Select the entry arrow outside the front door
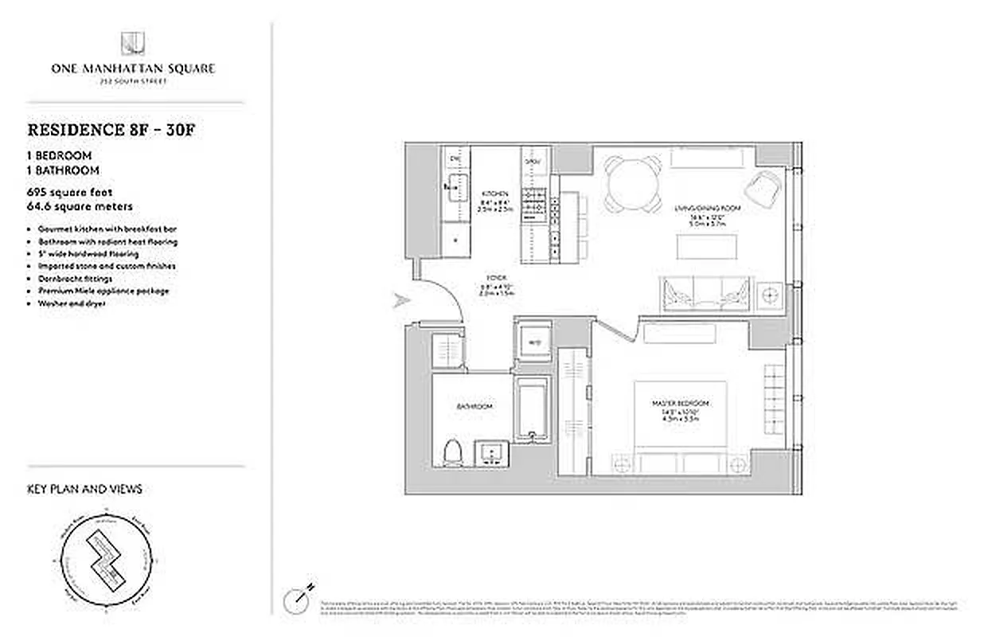(400, 301)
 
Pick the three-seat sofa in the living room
(705, 292)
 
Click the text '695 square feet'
(70, 193)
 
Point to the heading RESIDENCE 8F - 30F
(111, 130)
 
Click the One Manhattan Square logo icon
(132, 44)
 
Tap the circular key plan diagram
(107, 565)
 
